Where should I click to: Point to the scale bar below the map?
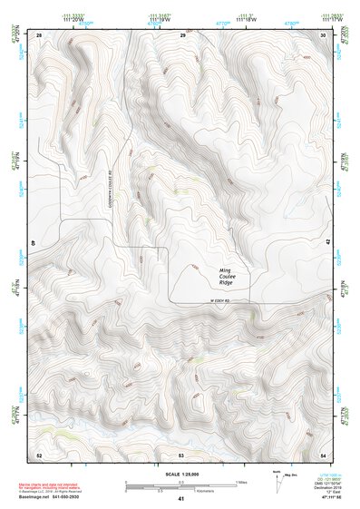tap(180, 487)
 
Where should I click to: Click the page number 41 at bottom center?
tap(181, 499)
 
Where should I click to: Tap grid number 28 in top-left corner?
tap(40, 34)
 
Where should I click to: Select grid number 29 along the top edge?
tap(182, 34)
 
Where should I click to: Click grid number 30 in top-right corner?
tap(324, 34)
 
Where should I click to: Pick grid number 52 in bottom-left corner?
tap(39, 454)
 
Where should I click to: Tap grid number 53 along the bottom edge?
tap(181, 454)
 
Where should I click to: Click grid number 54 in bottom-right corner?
tap(324, 454)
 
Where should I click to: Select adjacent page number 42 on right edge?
tap(327, 243)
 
